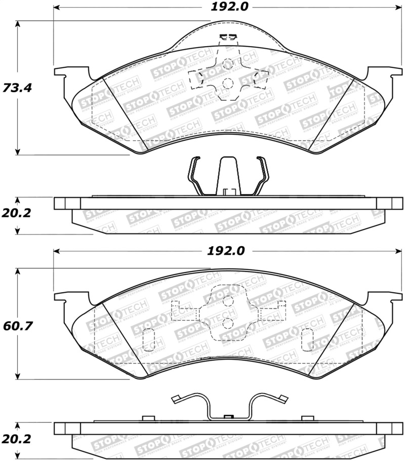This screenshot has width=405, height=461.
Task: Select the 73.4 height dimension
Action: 17,88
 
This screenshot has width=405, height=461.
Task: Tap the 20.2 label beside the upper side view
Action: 17,213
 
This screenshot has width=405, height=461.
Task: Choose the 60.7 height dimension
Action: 17,325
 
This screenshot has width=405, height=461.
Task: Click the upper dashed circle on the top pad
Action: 228,64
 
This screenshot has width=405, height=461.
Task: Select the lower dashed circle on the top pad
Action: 228,83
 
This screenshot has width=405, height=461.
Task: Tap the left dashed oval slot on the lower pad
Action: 149,339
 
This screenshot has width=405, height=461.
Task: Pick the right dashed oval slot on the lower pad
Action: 307,339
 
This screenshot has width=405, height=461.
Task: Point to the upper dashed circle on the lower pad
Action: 228,301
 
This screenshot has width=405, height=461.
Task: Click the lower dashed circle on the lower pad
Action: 228,322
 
